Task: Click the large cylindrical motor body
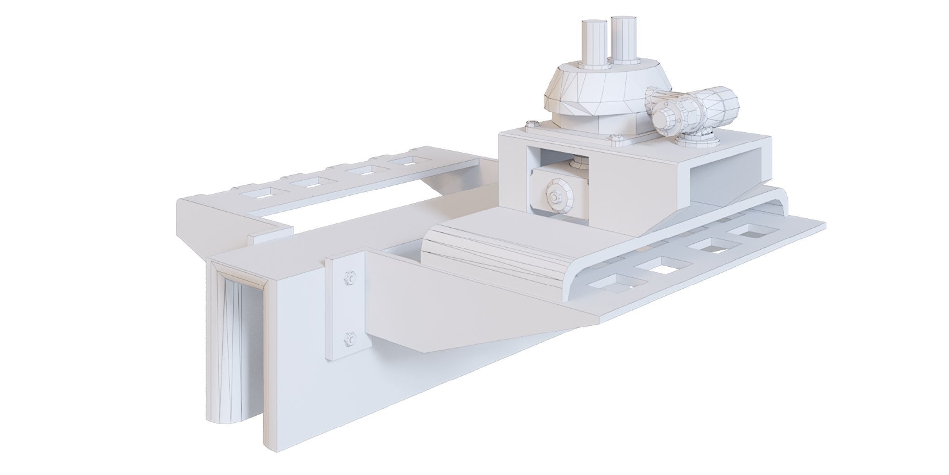click(x=712, y=107)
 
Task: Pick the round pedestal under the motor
click(x=697, y=140)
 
